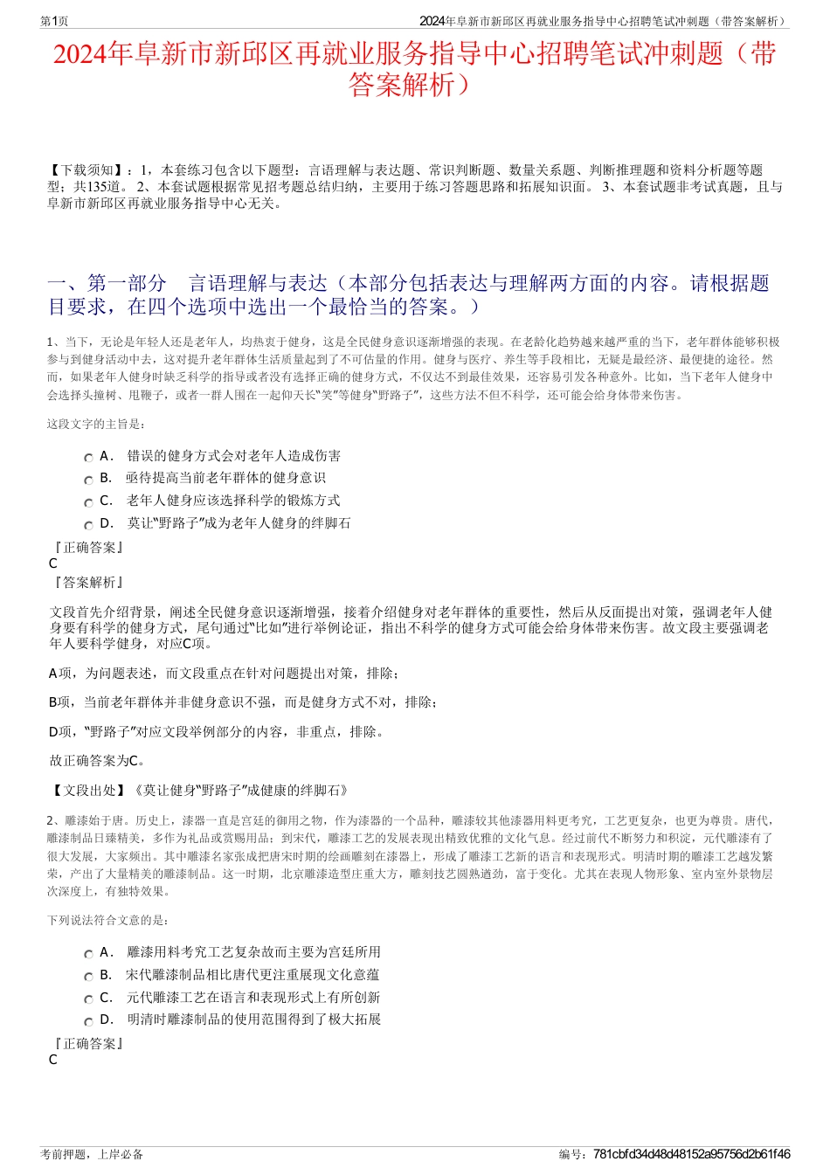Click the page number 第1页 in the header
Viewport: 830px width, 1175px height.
coord(54,21)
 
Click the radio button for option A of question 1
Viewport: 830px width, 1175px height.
coord(88,458)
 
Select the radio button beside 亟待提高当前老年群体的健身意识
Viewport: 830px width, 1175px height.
coord(88,480)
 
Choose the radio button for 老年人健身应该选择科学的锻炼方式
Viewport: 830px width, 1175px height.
coord(88,503)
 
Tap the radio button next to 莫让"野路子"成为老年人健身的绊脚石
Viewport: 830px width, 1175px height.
coord(88,526)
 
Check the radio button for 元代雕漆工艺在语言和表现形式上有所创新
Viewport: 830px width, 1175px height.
coord(88,999)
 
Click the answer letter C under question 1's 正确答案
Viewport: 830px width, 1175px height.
coord(53,563)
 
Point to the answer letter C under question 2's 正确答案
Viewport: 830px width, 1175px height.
coord(53,1060)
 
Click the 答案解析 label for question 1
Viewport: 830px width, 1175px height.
coord(87,582)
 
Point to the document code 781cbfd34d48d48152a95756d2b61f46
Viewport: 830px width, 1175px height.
coord(691,1154)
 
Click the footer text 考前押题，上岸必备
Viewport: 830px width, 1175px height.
coord(92,1154)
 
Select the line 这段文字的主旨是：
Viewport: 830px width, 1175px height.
coord(96,425)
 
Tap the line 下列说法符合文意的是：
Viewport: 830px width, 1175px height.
coord(108,921)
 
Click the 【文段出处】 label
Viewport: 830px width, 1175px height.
coord(90,791)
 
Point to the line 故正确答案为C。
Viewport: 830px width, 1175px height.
coord(98,761)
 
